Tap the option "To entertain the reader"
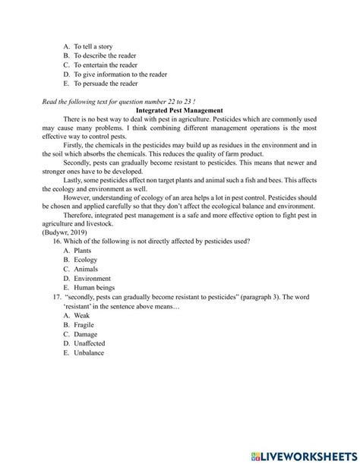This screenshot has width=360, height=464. (x=106, y=65)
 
